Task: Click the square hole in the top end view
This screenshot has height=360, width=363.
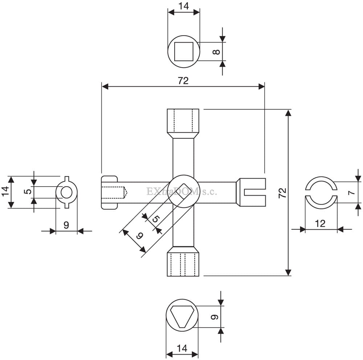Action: pos(184,52)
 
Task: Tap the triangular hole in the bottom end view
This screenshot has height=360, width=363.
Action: pos(182,317)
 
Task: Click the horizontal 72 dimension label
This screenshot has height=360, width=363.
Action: pos(183,81)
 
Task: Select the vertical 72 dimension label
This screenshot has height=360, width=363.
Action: pos(282,193)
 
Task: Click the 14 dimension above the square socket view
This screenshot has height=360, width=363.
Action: pos(184,6)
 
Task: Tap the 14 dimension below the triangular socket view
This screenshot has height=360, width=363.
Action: pos(182,348)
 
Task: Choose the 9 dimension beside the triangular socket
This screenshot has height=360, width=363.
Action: pos(215,317)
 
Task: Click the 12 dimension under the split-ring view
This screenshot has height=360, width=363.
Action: pos(320,224)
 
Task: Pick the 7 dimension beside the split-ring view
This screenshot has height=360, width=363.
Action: pos(352,192)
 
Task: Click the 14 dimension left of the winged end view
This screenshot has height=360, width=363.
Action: pos(5,192)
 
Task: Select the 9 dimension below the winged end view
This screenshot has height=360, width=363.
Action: pos(66,225)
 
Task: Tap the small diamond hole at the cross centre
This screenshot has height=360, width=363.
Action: pos(184,191)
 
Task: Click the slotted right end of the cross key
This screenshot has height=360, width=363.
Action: pos(251,192)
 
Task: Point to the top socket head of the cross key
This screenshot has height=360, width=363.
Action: pos(183,124)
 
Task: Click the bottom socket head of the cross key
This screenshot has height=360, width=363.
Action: pos(183,261)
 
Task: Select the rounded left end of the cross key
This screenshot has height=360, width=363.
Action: pos(109,192)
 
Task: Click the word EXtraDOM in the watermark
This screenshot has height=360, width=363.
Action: pos(172,192)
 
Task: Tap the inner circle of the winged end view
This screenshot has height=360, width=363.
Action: pos(67,192)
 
